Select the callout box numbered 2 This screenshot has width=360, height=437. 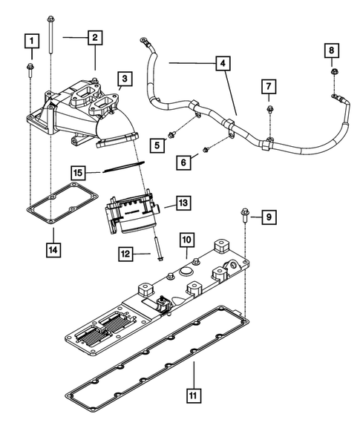(x=95, y=37)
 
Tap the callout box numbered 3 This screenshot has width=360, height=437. (x=124, y=79)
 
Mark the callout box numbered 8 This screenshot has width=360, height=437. (x=333, y=50)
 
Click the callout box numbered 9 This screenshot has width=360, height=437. (x=269, y=217)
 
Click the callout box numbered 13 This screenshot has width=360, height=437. (x=183, y=202)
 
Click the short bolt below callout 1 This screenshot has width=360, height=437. (x=32, y=70)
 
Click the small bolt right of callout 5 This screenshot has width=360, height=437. (x=172, y=135)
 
